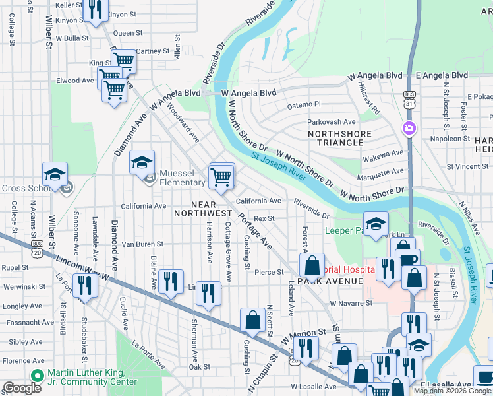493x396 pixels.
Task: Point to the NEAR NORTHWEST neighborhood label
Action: pos(202,208)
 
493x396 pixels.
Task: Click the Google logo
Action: pos(22,389)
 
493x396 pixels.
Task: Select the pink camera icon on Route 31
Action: pos(409,127)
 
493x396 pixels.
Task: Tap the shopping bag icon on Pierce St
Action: pos(312,265)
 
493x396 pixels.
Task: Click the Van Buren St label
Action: pos(142,244)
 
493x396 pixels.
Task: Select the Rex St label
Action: pos(264,218)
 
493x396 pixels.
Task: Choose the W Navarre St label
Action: pos(351,303)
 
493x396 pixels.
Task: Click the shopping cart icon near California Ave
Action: pos(221,176)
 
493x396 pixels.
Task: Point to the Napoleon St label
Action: pos(446,139)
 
